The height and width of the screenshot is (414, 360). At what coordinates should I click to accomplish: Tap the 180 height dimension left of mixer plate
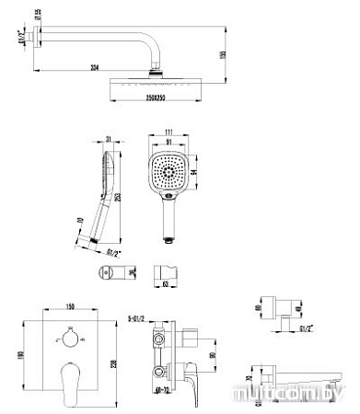click(x=20, y=356)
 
